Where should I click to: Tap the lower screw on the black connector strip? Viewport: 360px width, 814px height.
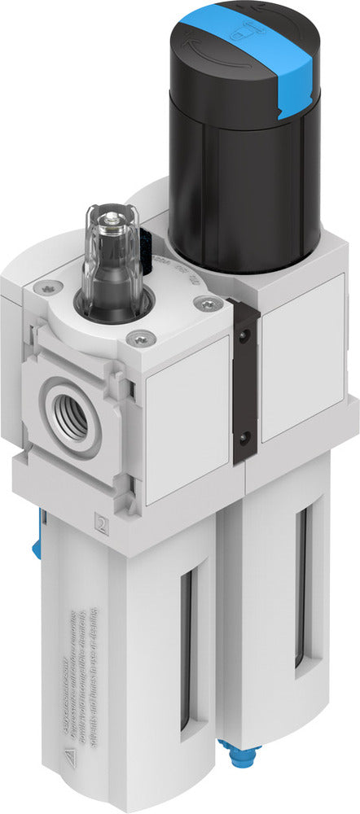241,440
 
